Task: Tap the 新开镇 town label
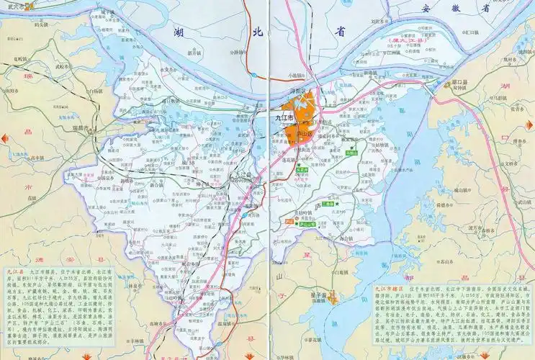coord(193,53)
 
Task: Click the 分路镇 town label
coord(237,52)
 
